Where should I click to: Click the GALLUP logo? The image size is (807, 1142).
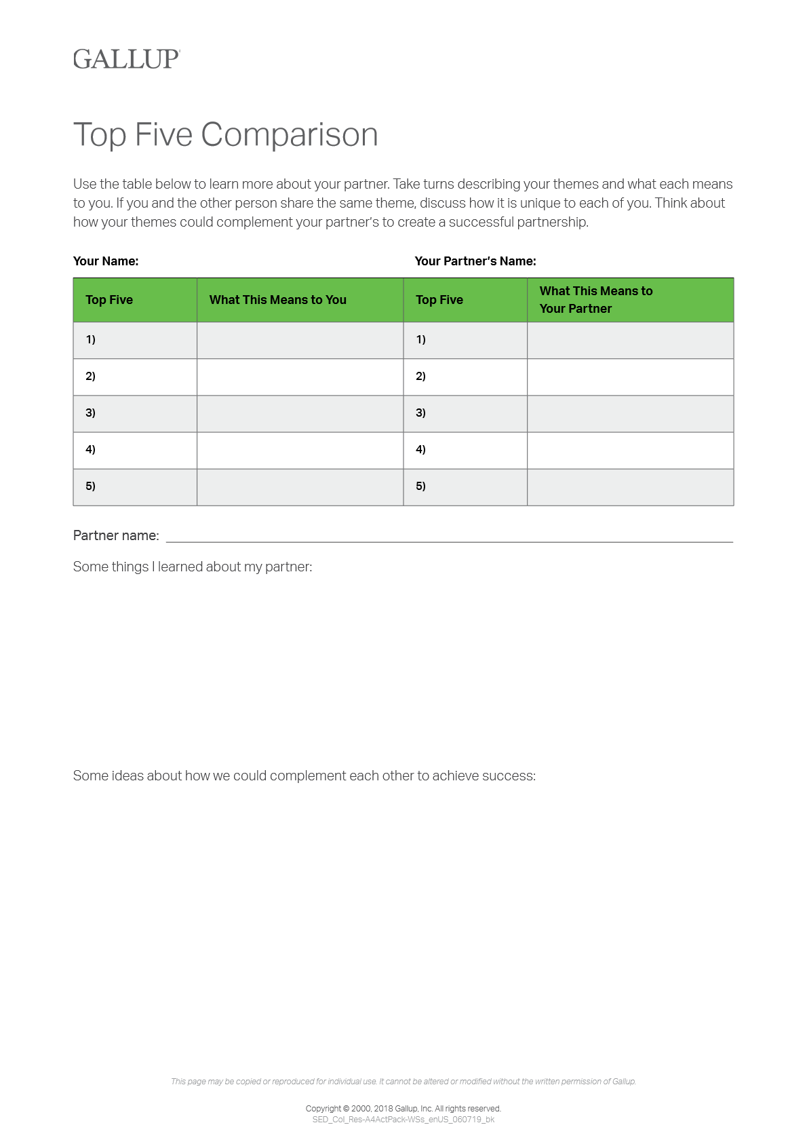(126, 59)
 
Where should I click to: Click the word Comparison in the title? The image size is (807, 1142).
(290, 134)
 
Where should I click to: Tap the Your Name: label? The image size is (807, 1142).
(106, 261)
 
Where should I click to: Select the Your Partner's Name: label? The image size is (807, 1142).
(475, 261)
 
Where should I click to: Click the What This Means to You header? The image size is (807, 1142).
(278, 300)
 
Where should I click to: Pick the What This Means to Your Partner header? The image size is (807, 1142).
(596, 300)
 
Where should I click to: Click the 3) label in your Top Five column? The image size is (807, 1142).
(91, 413)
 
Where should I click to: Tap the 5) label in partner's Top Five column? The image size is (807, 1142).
(421, 486)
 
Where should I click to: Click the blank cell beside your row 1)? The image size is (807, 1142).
(300, 340)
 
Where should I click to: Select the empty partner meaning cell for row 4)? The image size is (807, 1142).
(630, 450)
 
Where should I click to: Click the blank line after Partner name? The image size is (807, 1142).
(449, 536)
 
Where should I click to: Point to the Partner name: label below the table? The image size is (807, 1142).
(116, 535)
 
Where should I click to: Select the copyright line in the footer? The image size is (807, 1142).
(403, 1109)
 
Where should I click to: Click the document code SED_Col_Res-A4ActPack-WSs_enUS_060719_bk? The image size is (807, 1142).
(403, 1120)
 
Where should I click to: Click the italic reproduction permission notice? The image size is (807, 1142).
(403, 1082)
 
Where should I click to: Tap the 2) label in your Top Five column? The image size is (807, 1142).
(91, 376)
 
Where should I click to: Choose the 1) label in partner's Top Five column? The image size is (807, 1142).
(421, 339)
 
